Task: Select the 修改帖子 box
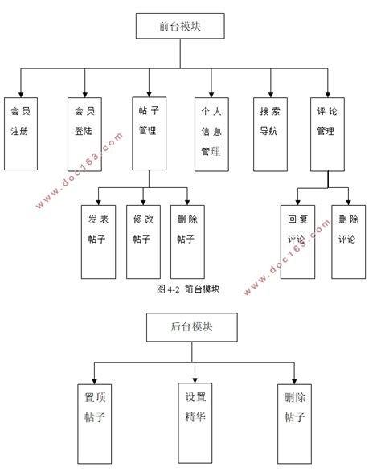143,240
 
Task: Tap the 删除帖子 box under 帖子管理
186,240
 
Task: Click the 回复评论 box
297,240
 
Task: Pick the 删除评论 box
348,240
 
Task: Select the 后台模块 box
191,327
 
